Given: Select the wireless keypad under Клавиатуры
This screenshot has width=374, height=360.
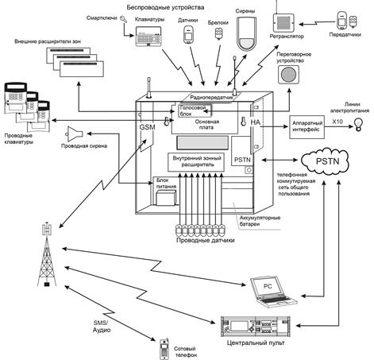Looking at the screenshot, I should [148, 35].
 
